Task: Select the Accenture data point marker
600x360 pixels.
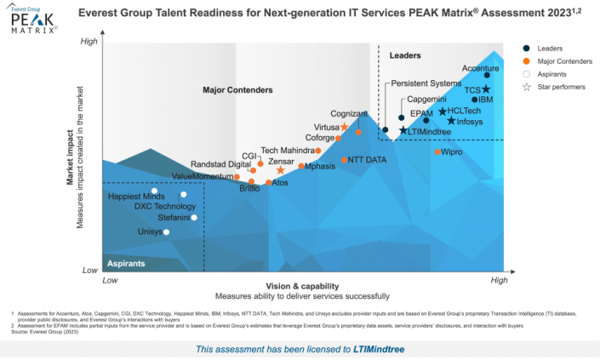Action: [487, 76]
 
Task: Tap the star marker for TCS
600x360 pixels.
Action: [486, 89]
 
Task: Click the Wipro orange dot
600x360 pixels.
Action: [437, 151]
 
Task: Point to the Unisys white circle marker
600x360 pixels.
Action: [167, 231]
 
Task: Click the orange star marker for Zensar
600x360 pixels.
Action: [280, 171]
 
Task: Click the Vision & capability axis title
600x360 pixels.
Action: [302, 286]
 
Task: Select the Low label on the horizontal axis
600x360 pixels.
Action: [110, 279]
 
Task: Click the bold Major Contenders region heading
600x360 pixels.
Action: [237, 89]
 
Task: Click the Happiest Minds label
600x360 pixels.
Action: [136, 197]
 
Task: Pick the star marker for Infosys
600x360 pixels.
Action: [451, 121]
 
